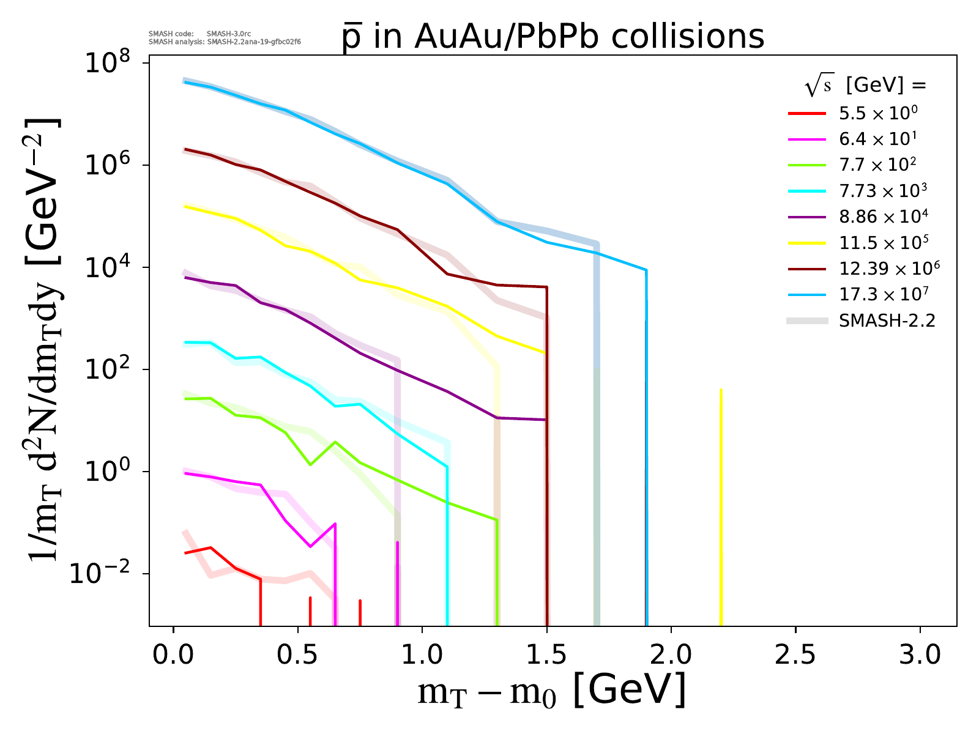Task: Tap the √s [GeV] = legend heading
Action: (x=865, y=86)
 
